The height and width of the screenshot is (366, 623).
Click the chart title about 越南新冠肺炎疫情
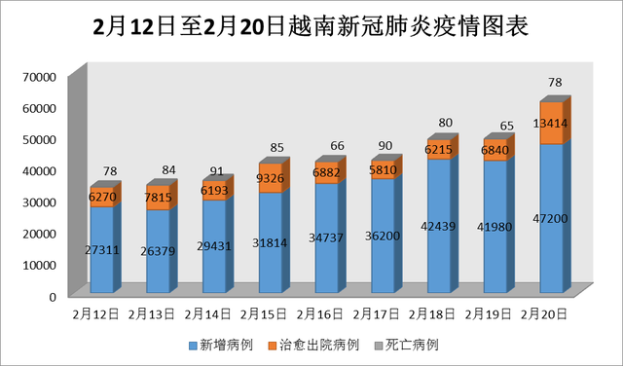click(311, 26)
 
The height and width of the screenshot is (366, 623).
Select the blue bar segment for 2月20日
click(551, 219)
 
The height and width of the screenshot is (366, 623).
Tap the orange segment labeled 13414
click(551, 124)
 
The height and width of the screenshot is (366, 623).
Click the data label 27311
click(101, 250)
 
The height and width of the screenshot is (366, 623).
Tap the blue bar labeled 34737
click(326, 238)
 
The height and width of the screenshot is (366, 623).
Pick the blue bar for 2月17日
click(382, 237)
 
